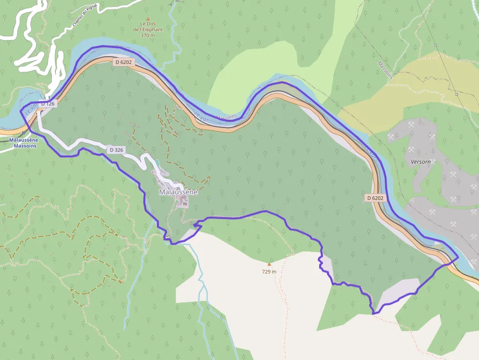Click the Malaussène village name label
tap(178, 192)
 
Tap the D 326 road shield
tap(116, 150)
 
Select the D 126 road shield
tap(48, 104)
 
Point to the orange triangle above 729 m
tap(269, 264)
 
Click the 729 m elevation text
tap(269, 272)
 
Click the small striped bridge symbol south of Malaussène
tap(168, 237)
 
